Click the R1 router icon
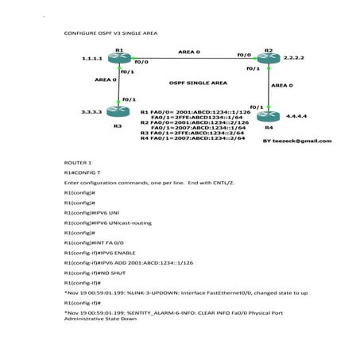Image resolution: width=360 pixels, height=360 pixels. [x=120, y=60]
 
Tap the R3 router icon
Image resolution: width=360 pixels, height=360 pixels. [x=120, y=112]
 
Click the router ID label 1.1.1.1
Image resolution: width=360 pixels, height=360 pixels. [x=92, y=60]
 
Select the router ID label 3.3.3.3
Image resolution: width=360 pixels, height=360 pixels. [x=92, y=112]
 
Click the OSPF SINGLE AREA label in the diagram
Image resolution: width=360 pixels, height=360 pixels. [x=198, y=83]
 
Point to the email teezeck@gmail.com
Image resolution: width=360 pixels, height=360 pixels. [x=296, y=141]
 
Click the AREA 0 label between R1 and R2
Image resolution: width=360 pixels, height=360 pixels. [x=189, y=52]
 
